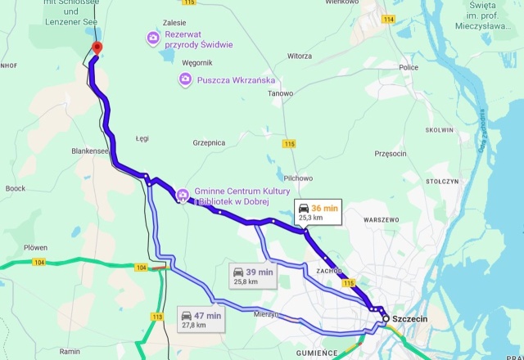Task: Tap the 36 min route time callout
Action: (317, 213)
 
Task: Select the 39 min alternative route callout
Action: (251, 276)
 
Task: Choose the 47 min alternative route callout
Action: (200, 319)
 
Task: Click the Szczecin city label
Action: (411, 318)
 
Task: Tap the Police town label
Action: (409, 67)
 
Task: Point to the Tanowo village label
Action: (281, 93)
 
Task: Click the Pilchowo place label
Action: (298, 178)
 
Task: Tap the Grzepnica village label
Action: (209, 142)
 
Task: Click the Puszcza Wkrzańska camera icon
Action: (186, 79)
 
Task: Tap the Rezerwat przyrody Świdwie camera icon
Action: (152, 38)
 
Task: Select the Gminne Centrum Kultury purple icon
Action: (182, 196)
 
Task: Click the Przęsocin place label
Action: (390, 153)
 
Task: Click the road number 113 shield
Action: (158, 316)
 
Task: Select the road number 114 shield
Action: (388, 18)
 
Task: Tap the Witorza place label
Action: (300, 56)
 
